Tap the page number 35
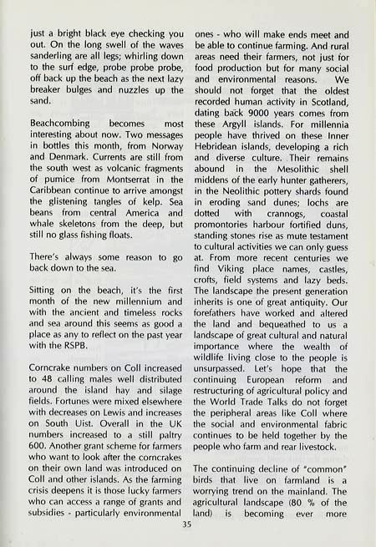click(x=188, y=525)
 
